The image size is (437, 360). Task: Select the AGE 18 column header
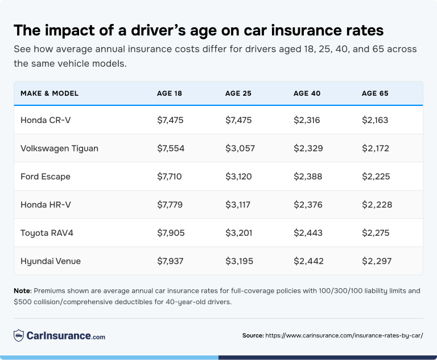click(170, 93)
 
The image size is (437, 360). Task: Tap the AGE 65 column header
click(375, 93)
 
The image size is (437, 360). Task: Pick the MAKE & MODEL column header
click(50, 93)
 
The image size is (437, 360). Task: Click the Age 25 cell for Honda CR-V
click(238, 120)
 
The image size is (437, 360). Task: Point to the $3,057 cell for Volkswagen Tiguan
click(240, 148)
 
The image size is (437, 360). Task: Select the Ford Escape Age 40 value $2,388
click(308, 177)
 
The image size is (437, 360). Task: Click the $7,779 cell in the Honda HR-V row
click(170, 204)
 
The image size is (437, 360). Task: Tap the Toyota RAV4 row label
click(46, 233)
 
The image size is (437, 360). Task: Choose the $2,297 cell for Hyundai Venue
click(376, 261)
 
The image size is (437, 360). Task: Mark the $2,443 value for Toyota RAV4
click(308, 233)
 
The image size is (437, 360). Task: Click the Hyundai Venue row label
click(51, 261)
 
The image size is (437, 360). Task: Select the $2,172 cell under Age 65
click(375, 148)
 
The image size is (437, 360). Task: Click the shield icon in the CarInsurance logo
click(19, 336)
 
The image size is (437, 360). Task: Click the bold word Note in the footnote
click(22, 291)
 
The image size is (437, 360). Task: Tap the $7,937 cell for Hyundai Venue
click(170, 261)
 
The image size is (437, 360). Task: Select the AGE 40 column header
click(307, 93)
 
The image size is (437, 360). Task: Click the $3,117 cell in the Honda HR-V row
click(238, 204)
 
